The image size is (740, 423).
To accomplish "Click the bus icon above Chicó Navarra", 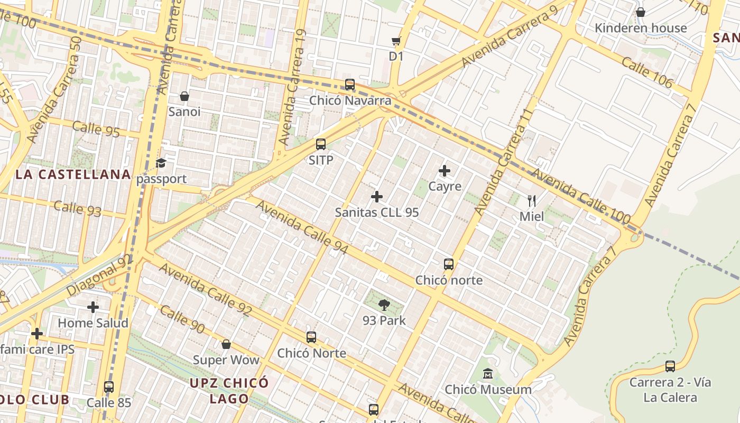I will [349, 85].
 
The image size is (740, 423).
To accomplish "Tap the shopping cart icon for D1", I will [396, 41].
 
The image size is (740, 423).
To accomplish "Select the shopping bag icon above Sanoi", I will [184, 96].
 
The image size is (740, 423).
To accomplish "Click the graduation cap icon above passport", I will [161, 163].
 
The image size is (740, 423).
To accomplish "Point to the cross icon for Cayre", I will [445, 171].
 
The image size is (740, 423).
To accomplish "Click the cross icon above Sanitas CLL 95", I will [377, 197].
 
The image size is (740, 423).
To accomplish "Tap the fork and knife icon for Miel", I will [532, 201].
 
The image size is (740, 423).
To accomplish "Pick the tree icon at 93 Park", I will [384, 305].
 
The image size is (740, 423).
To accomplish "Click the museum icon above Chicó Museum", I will [488, 374].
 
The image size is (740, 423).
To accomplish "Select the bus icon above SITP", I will [321, 144].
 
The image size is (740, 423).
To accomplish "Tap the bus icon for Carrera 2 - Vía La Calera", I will [670, 366].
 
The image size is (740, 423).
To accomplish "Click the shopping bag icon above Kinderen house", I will [641, 12].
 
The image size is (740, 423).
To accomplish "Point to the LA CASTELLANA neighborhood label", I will [73, 174].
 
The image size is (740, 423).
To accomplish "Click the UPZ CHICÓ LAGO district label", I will [229, 390].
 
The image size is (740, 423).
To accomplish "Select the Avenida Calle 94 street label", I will [302, 226].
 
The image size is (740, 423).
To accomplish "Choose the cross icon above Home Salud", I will [93, 307].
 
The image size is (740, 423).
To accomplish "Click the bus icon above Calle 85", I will [109, 387].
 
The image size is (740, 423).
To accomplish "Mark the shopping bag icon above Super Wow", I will [226, 345].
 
